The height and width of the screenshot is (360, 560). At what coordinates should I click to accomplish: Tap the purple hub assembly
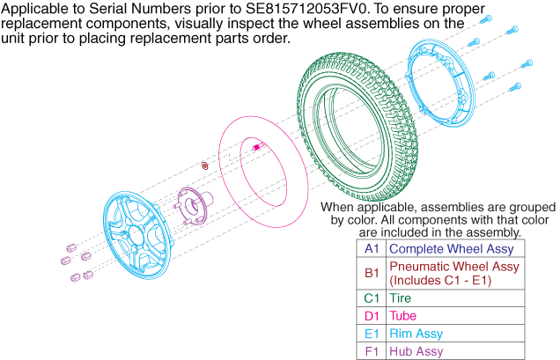[x=195, y=207]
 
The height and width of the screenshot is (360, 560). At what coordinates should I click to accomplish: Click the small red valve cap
[x=204, y=165]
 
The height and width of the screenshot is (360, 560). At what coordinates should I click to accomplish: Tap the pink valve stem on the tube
[x=257, y=146]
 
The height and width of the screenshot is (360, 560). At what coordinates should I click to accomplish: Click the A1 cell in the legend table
[x=372, y=248]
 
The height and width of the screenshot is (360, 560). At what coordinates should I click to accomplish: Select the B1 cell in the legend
[x=372, y=273]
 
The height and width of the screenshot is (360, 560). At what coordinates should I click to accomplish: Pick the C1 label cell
[x=372, y=298]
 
